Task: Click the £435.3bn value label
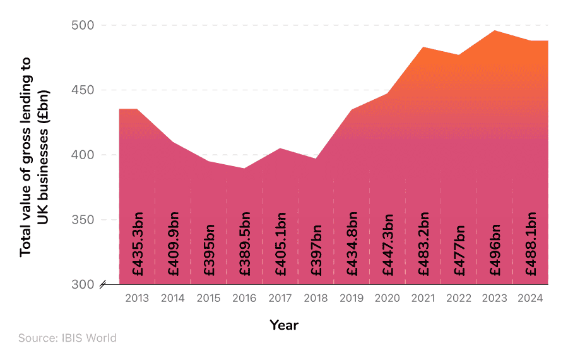coord(138,246)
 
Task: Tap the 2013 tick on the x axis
coord(137,299)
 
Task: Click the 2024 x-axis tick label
coord(530,299)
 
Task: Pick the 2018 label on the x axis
coord(316,299)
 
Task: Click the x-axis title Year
coord(284,325)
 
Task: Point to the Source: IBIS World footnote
coord(68,339)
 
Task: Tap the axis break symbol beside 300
coord(102,285)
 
